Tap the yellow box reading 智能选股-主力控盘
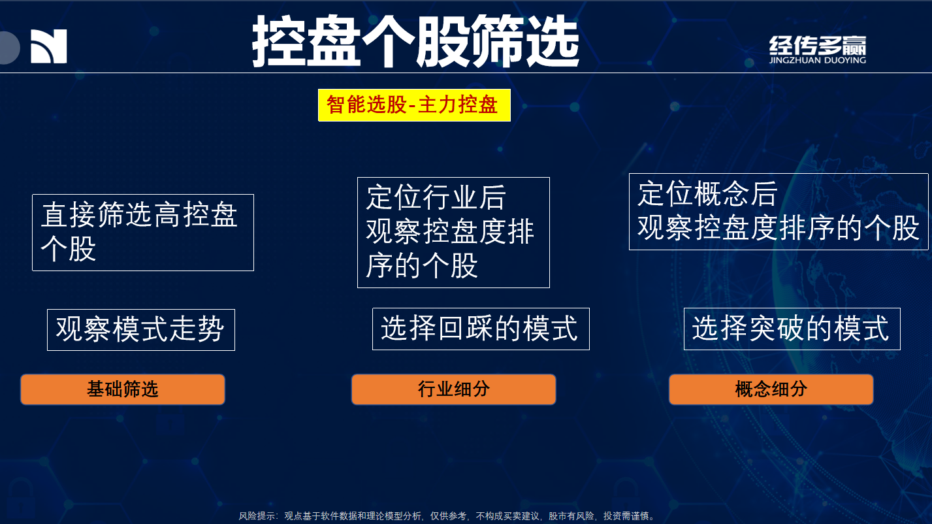click(x=414, y=105)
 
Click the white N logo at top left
click(x=49, y=46)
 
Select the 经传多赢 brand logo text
click(x=818, y=45)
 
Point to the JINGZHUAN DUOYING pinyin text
click(x=818, y=60)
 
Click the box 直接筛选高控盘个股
click(x=143, y=233)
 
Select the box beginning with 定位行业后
click(x=453, y=233)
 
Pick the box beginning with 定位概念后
click(x=779, y=212)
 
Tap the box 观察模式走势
click(x=141, y=330)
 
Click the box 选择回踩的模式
click(x=481, y=329)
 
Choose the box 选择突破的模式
click(x=792, y=329)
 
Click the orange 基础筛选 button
click(x=123, y=389)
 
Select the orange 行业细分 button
click(x=453, y=389)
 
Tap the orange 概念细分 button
click(x=771, y=389)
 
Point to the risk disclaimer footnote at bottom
click(x=447, y=516)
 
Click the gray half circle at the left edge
click(x=9, y=48)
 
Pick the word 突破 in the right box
click(x=777, y=329)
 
